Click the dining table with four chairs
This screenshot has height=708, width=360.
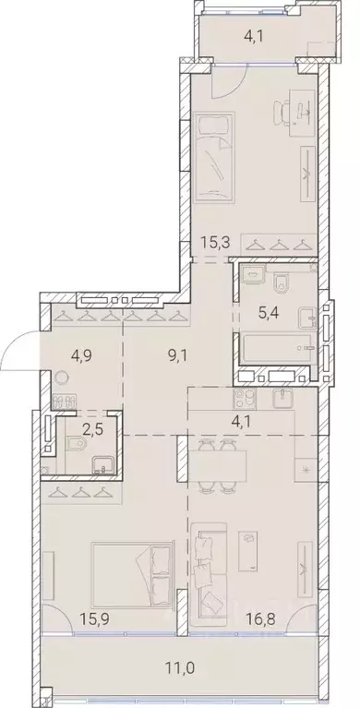coord(218,464)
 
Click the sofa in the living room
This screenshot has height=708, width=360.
coord(212,561)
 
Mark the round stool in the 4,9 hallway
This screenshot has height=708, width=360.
coord(62,378)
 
